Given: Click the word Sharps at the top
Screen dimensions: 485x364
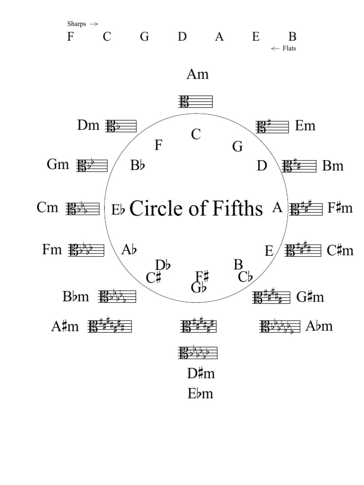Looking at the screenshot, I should [x=76, y=24].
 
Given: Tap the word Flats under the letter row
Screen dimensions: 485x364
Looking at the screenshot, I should [x=289, y=49].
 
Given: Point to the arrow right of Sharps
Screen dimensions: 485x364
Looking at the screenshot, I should [x=93, y=24].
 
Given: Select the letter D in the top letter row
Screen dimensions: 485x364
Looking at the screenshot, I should [x=182, y=36].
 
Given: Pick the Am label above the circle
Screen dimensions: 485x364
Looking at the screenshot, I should [x=198, y=74].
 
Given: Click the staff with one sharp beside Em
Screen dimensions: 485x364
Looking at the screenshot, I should [x=272, y=126].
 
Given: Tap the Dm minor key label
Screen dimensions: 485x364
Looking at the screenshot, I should [x=89, y=126].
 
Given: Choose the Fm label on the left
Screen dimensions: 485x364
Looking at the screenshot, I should [x=52, y=250].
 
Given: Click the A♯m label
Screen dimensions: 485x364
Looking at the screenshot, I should [x=65, y=327].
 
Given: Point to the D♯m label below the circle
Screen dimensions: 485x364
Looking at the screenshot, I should [x=201, y=373].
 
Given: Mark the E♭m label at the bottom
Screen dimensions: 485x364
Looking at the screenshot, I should [x=200, y=394].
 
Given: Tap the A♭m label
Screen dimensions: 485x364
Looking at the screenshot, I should [x=319, y=326].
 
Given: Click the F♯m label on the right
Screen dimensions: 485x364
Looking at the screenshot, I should [x=340, y=208].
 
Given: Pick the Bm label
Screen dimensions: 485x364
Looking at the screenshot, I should [x=333, y=166].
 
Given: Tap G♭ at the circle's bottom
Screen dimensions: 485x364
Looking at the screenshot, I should [x=199, y=287].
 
